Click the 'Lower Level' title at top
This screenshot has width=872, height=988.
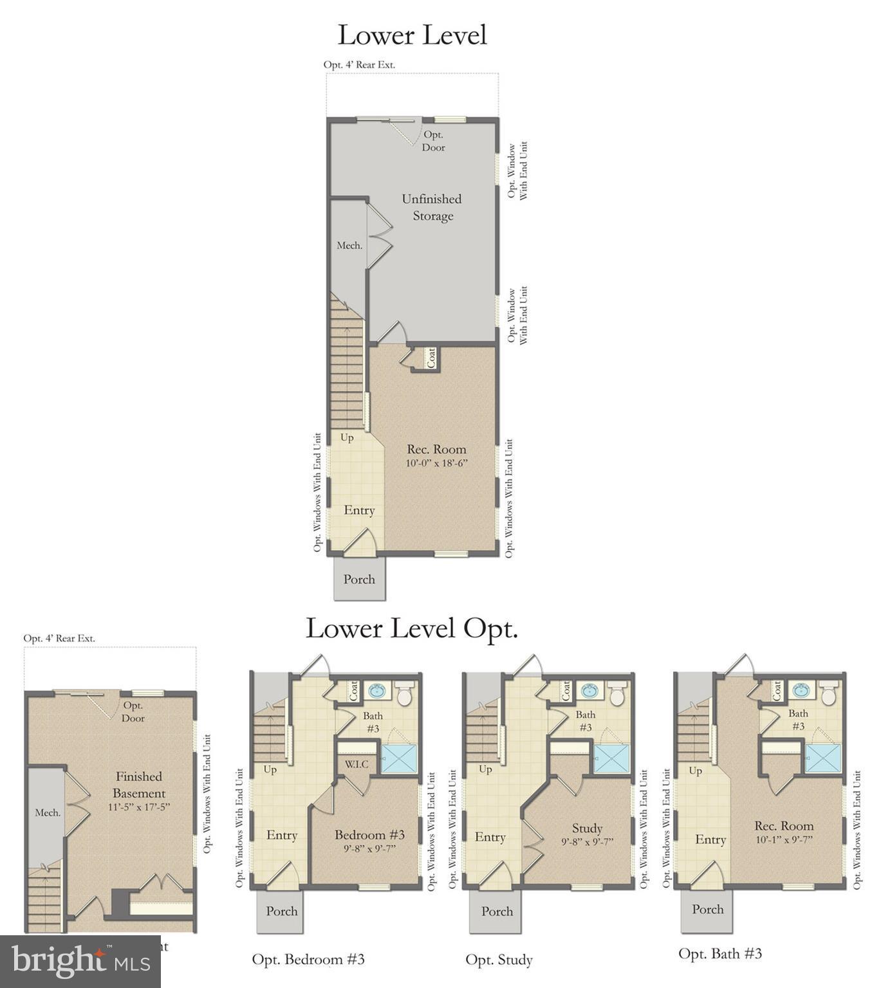pos(412,35)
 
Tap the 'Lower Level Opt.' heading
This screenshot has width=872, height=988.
pos(411,628)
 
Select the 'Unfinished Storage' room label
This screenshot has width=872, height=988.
pos(432,207)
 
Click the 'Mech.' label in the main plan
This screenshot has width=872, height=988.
pos(349,245)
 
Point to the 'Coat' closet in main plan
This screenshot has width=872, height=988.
pos(431,358)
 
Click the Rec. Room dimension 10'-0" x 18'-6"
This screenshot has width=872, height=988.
pos(436,463)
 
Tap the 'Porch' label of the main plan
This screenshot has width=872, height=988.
pos(359,580)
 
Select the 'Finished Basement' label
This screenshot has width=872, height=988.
pos(138,785)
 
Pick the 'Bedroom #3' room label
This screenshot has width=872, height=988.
pos(369,835)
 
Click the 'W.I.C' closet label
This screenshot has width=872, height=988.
pos(357,764)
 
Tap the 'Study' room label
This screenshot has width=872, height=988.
pos(587,828)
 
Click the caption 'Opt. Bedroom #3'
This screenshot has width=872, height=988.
pos(308,959)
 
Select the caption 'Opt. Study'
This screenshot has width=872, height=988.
pos(499,960)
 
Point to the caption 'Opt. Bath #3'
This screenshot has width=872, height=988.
pos(720,953)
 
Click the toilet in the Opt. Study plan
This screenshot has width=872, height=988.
pos(617,694)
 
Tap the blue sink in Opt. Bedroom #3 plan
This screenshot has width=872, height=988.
pos(377,691)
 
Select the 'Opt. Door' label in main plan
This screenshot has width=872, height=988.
pos(433,141)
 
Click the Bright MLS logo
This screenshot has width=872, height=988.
pos(80,962)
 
